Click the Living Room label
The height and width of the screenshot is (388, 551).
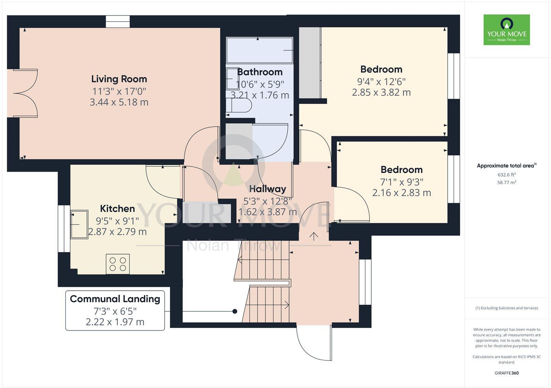pyautogui.click(x=119, y=79)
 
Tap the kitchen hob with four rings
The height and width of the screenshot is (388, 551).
pyautogui.click(x=118, y=264)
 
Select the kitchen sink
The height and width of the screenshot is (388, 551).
pyautogui.click(x=79, y=224)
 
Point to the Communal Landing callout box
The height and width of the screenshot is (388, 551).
pyautogui.click(x=115, y=310)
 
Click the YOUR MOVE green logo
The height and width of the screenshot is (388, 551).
pyautogui.click(x=507, y=30)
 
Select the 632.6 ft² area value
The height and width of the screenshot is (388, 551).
pyautogui.click(x=507, y=174)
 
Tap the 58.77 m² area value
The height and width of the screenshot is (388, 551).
pyautogui.click(x=507, y=182)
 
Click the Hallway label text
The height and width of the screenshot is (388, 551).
pyautogui.click(x=268, y=189)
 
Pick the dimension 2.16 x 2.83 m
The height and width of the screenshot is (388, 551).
pyautogui.click(x=402, y=193)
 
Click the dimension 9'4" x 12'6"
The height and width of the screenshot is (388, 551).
pyautogui.click(x=381, y=82)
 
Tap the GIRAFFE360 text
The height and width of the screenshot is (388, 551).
pyautogui.click(x=507, y=373)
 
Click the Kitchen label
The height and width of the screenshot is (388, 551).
pyautogui.click(x=117, y=208)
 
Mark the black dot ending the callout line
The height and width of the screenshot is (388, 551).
pyautogui.click(x=235, y=311)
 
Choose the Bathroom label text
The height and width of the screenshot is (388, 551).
pyautogui.click(x=260, y=72)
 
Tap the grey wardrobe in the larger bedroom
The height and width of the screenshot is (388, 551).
pyautogui.click(x=310, y=63)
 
